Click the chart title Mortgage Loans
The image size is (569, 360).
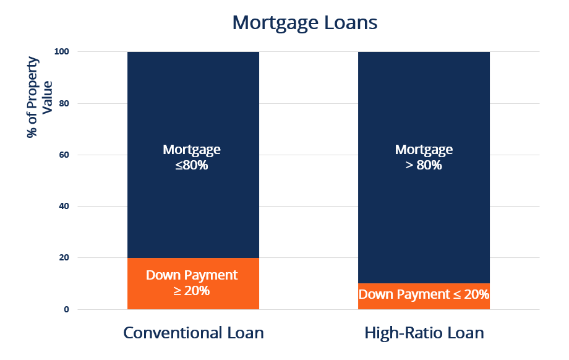tap(305, 23)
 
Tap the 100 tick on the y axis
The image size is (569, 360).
tap(61, 51)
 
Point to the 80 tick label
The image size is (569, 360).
tap(64, 103)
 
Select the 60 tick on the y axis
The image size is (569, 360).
tap(64, 155)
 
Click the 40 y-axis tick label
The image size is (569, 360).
tap(64, 206)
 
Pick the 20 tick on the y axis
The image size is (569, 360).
tap(64, 258)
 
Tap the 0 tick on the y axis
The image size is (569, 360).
tap(66, 309)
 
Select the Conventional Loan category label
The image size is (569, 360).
tap(194, 333)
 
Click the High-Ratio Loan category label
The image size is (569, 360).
tap(424, 333)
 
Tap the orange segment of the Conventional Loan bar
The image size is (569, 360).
tap(193, 283)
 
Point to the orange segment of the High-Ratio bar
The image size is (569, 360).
tap(424, 296)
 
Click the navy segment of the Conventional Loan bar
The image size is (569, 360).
tap(193, 155)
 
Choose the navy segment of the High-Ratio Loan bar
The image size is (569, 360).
tap(424, 168)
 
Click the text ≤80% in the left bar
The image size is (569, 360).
tap(192, 165)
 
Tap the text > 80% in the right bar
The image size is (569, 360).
tap(424, 165)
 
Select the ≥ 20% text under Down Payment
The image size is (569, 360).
tap(192, 291)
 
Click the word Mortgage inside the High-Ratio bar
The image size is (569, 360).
tap(424, 150)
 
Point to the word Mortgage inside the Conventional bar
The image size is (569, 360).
tap(192, 150)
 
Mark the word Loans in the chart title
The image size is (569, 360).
tap(351, 22)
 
